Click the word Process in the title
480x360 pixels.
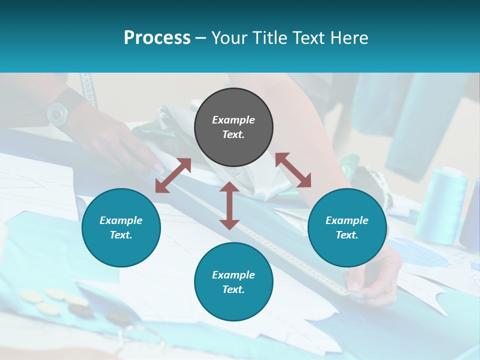[157, 38]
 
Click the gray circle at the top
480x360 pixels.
[233, 127]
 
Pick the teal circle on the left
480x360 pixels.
[121, 227]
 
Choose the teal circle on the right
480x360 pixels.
[347, 227]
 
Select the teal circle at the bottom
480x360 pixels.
[233, 281]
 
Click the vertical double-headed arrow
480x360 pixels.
[229, 206]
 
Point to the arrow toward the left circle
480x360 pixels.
[173, 175]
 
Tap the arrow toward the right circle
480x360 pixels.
[293, 170]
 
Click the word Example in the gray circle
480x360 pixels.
[233, 120]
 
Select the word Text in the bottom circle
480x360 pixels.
[232, 289]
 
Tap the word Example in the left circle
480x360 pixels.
[121, 220]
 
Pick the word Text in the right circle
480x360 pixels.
[346, 235]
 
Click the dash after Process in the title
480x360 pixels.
[201, 38]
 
